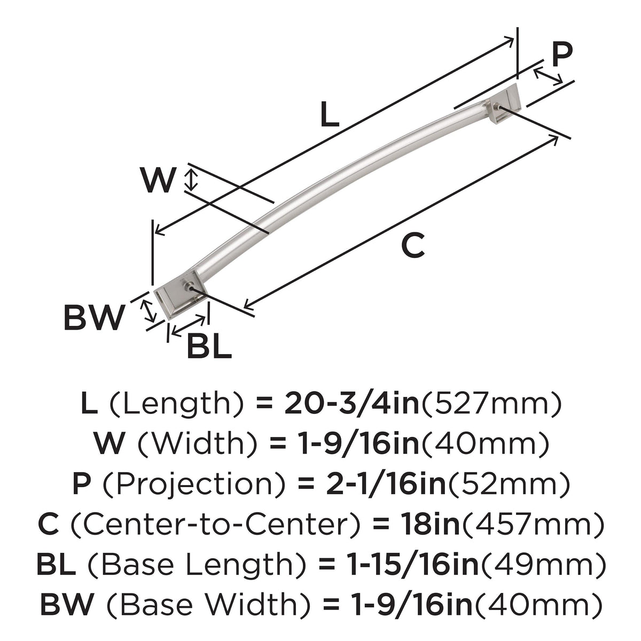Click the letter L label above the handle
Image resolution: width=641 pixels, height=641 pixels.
pyautogui.click(x=330, y=114)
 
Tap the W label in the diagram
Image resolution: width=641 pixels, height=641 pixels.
pyautogui.click(x=158, y=180)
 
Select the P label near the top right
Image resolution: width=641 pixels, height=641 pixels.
pyautogui.click(x=562, y=55)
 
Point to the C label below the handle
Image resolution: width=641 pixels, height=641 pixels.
pyautogui.click(x=413, y=245)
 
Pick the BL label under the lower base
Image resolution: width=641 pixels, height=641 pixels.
pyautogui.click(x=209, y=346)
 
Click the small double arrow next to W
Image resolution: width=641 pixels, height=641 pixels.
pyautogui.click(x=191, y=179)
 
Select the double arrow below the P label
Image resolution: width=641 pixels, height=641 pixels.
pyautogui.click(x=548, y=76)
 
